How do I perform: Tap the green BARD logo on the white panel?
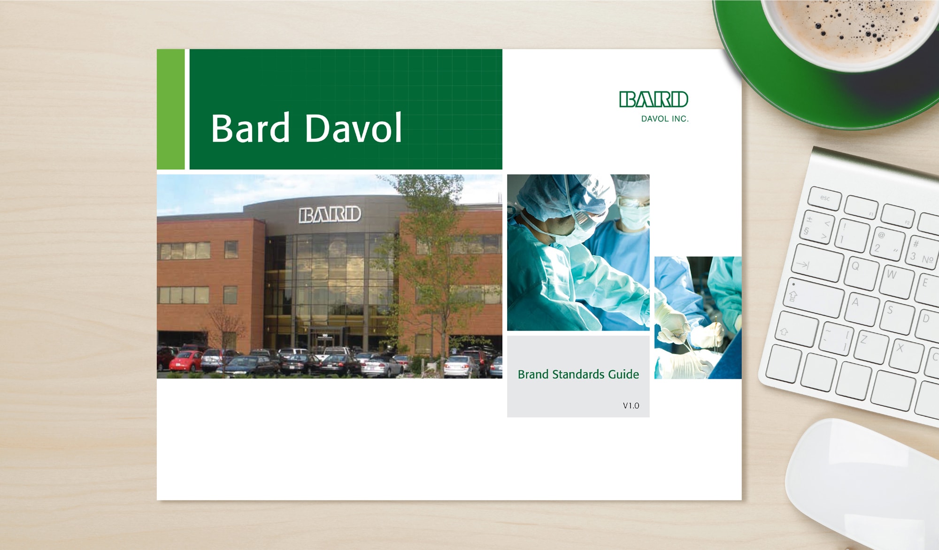click(654, 99)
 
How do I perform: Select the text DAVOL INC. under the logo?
click(665, 119)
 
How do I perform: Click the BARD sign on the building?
click(330, 214)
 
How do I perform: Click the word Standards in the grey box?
click(578, 374)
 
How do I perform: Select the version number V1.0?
click(631, 406)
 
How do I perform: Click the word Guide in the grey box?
click(623, 374)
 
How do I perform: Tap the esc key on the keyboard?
click(825, 198)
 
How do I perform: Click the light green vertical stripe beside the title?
click(170, 109)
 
